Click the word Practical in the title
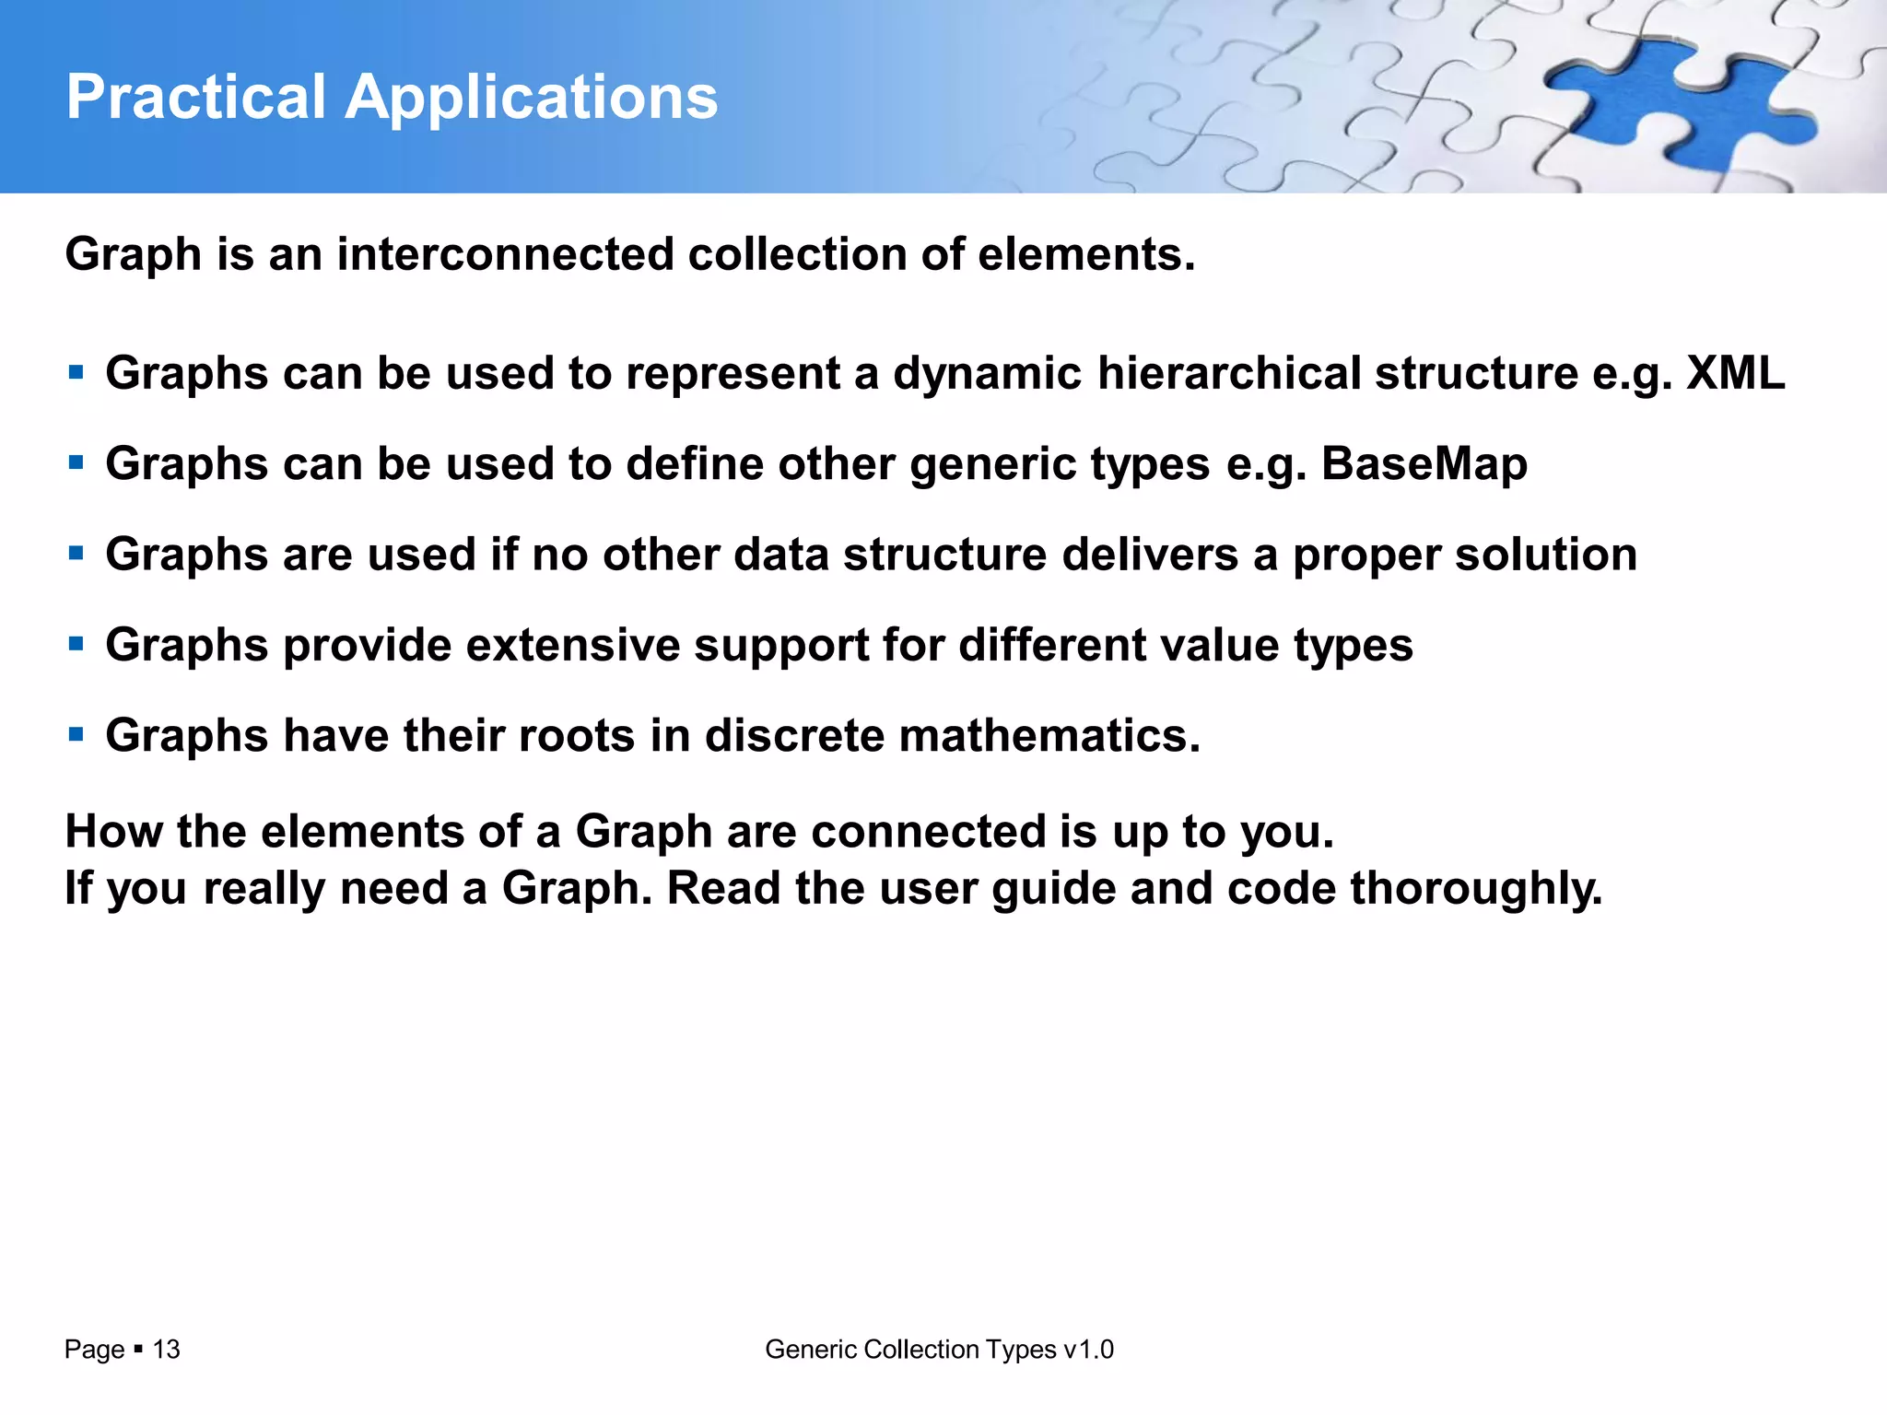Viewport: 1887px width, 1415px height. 196,97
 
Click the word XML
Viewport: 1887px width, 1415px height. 1736,373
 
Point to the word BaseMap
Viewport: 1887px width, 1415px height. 1424,463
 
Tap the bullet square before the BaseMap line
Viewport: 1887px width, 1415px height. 76,462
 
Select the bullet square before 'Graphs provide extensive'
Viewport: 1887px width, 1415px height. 76,644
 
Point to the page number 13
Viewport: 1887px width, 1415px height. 166,1350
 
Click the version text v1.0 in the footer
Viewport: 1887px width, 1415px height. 1088,1350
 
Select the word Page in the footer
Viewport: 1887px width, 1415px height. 94,1350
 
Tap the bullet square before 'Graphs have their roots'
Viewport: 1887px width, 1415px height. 76,734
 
